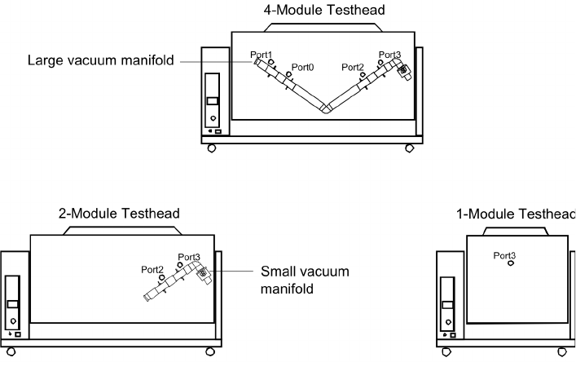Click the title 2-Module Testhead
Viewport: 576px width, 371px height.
[x=119, y=214]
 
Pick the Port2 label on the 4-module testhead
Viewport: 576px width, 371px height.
[x=354, y=66]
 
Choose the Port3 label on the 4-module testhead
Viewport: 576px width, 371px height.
[x=390, y=55]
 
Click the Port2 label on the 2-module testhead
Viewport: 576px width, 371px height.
[x=152, y=268]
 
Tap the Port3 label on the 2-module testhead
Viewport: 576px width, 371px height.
[x=189, y=257]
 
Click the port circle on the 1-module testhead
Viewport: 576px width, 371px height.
[x=510, y=263]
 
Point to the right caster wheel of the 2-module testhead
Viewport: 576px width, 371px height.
[x=209, y=352]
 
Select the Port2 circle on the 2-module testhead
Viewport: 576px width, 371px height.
[x=161, y=277]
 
